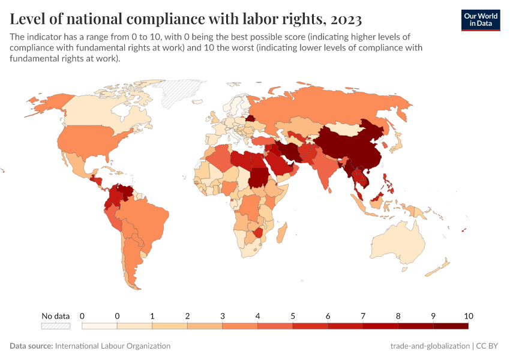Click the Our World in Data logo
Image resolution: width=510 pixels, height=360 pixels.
(x=481, y=19)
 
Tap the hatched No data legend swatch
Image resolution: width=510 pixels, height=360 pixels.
(x=55, y=326)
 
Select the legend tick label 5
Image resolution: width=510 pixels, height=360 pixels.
(x=293, y=316)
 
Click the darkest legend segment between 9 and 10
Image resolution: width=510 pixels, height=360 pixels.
(x=451, y=326)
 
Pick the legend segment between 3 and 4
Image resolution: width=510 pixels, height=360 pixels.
(x=240, y=326)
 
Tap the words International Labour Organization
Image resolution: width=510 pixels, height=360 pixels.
(x=112, y=346)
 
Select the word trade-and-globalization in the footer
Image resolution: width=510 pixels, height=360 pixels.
(x=430, y=346)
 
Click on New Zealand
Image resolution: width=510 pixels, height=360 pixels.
(x=443, y=265)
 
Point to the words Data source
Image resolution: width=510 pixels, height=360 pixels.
(x=31, y=346)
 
